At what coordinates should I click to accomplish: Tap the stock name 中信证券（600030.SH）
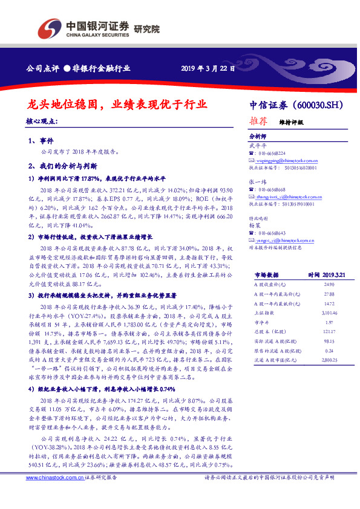[295, 105]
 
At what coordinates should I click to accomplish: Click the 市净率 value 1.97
[329, 323]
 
